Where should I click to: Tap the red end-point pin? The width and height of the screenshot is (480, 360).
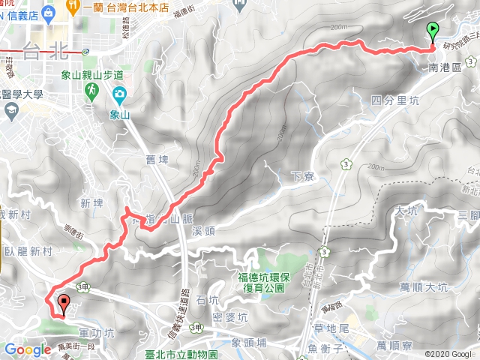[64, 304]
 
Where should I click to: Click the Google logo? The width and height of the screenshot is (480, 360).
[28, 349]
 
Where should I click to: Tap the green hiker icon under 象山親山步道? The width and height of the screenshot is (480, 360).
[91, 91]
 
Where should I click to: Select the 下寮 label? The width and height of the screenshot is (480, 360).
[301, 176]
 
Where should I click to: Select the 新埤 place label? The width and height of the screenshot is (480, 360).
[91, 203]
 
